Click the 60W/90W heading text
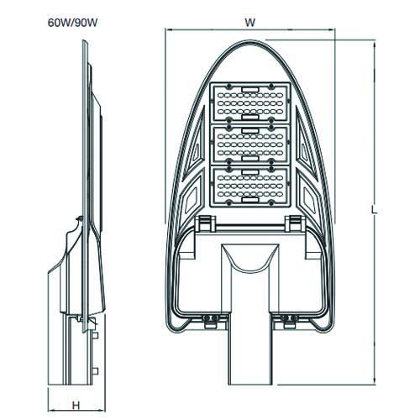[72, 23]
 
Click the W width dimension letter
[250, 23]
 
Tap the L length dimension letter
[374, 210]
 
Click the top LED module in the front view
[250, 103]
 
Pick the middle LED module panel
[250, 144]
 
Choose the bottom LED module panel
[250, 186]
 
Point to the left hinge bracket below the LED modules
[205, 223]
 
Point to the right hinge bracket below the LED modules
[295, 223]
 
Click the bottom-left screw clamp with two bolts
[211, 321]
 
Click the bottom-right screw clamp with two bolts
[289, 321]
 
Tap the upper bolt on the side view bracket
[95, 335]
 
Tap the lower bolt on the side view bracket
[95, 371]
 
